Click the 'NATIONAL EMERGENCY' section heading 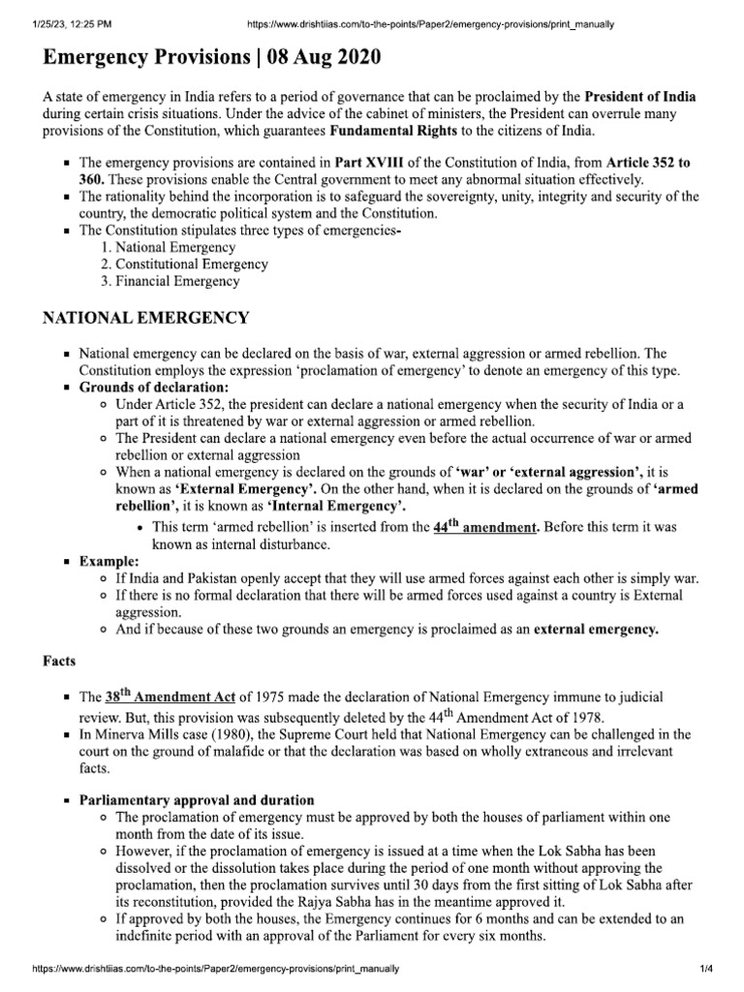click(x=146, y=317)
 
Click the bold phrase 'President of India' click(x=640, y=97)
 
